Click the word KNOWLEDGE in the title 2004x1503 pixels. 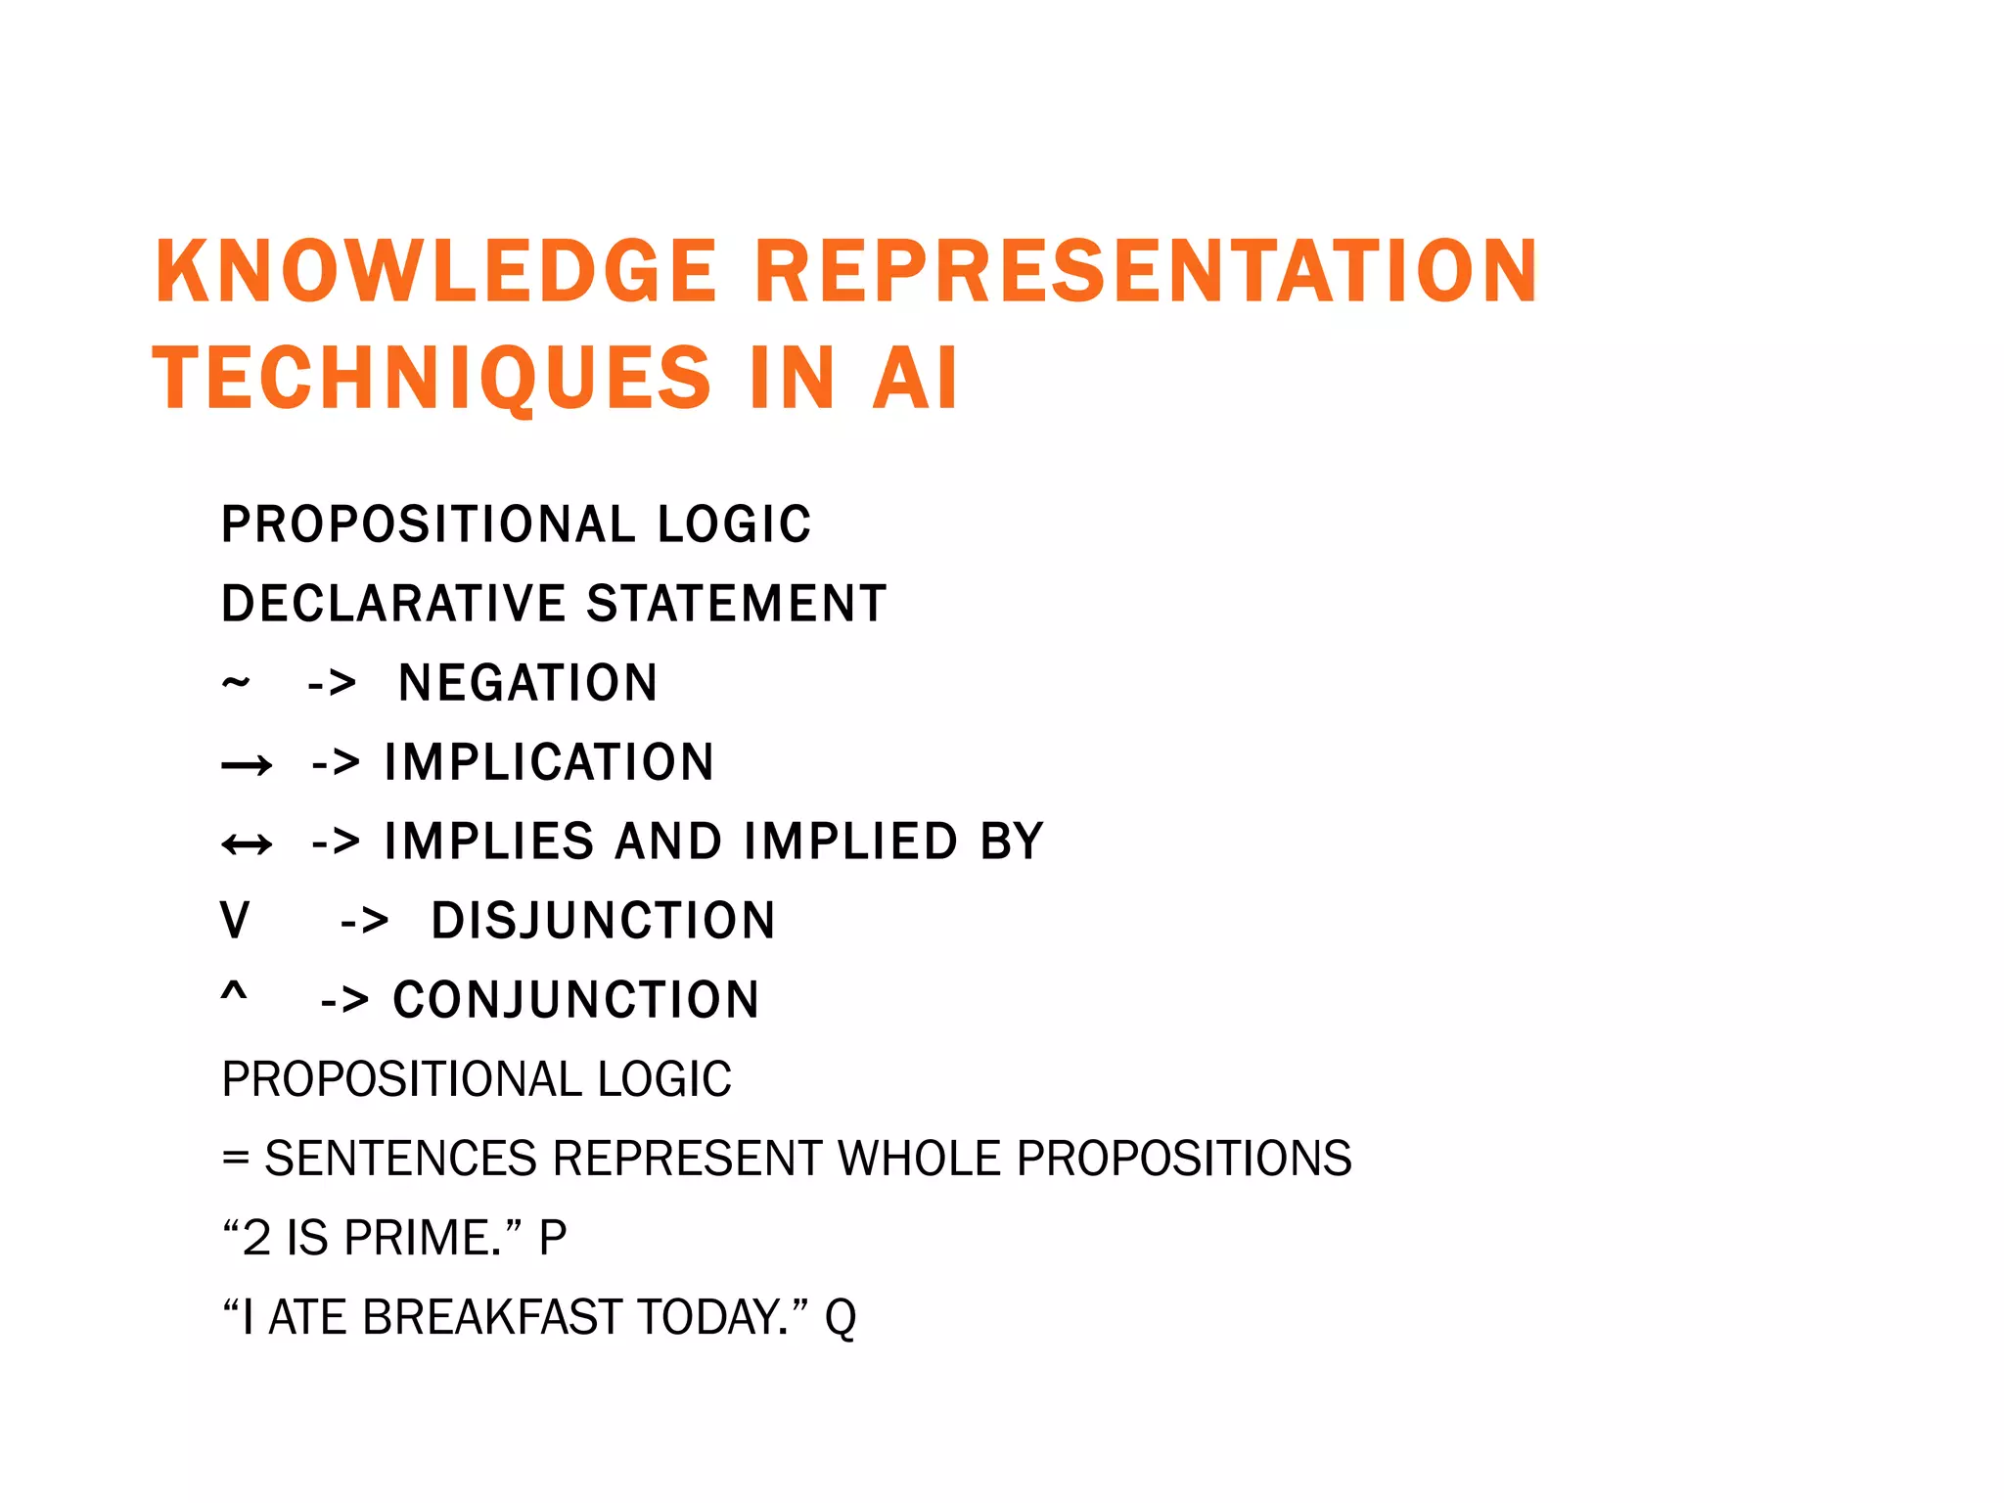tap(436, 271)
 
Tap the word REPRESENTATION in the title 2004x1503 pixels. tap(1146, 271)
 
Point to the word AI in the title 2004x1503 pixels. tap(915, 379)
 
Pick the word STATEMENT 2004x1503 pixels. tap(737, 603)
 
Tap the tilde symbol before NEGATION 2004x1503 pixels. tap(236, 681)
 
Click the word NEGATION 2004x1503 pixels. tap(528, 683)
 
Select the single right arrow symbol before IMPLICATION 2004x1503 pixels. tap(247, 764)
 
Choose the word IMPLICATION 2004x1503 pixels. tap(549, 762)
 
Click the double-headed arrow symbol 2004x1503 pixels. tap(247, 843)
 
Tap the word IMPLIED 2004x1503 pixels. tap(850, 842)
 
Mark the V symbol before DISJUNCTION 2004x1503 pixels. tap(235, 921)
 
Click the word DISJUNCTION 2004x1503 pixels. tap(604, 921)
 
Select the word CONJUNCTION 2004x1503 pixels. tap(576, 1000)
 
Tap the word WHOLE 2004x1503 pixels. tap(920, 1159)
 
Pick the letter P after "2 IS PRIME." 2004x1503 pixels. tap(553, 1238)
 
